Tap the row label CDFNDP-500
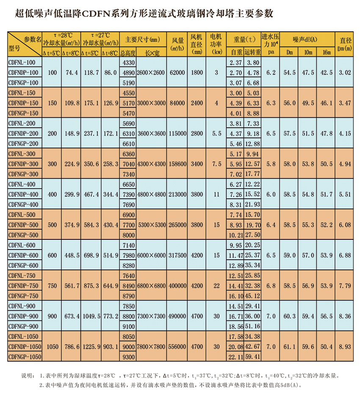tap(24, 225)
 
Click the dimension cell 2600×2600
tap(151, 72)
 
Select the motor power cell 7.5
tap(217, 164)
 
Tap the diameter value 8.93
tap(345, 347)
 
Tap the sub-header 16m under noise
tap(326, 53)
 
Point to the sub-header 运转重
tap(252, 53)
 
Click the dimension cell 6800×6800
tap(151, 286)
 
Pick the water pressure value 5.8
tap(271, 164)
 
